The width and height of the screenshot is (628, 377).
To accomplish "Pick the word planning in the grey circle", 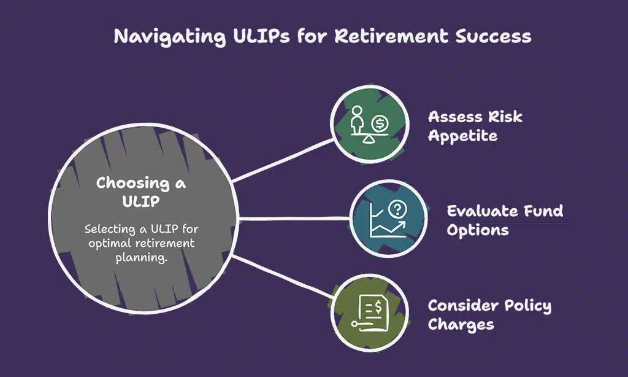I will click(141, 256).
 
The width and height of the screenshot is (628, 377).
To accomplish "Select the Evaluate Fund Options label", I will click(504, 220).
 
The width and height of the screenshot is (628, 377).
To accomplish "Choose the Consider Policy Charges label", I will click(489, 314).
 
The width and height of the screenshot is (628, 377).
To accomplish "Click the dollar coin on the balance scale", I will click(380, 123).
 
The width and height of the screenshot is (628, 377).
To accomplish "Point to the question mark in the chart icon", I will click(398, 209).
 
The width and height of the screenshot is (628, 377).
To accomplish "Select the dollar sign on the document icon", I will click(378, 304).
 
